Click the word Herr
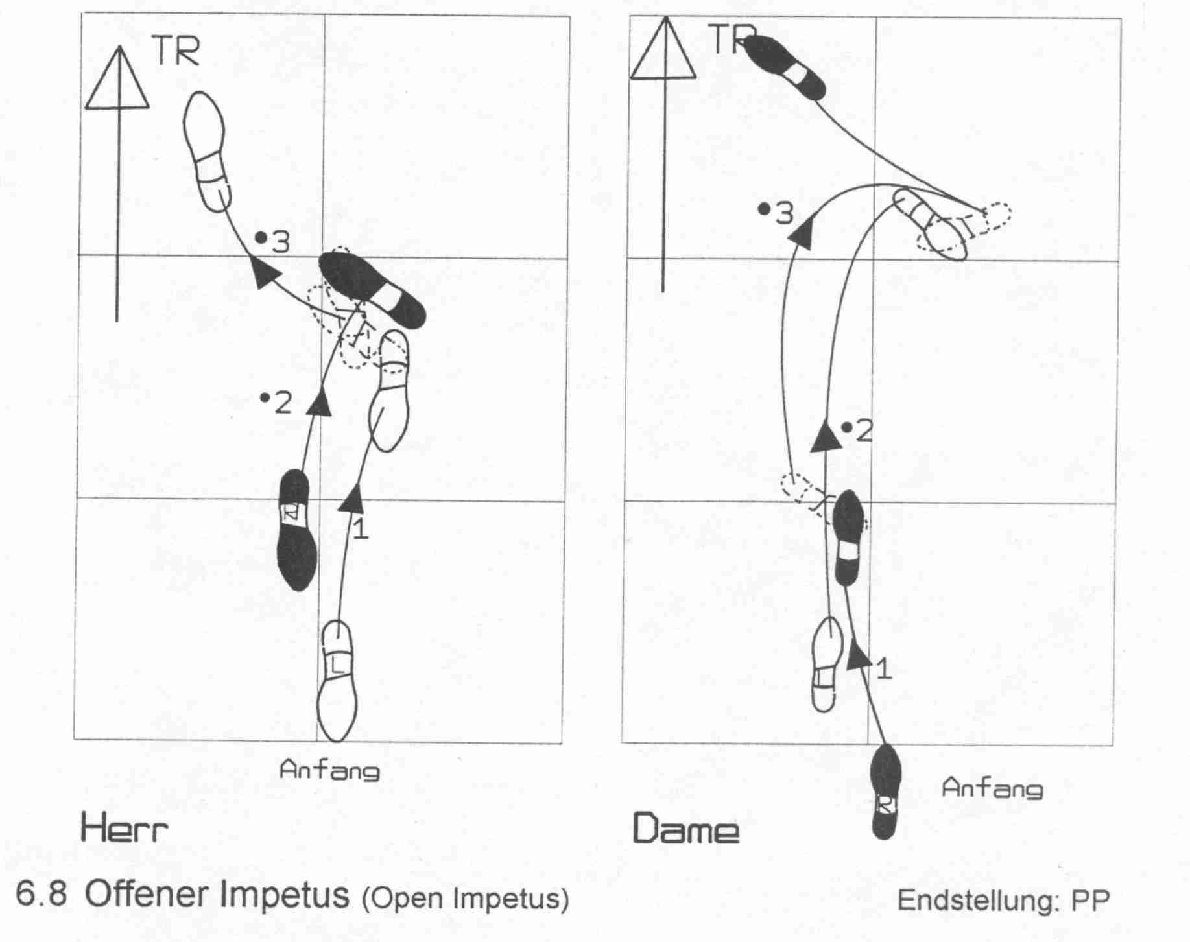(x=124, y=829)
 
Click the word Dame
(x=685, y=829)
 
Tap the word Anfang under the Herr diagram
(x=329, y=770)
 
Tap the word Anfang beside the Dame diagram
(x=992, y=788)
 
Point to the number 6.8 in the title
(x=42, y=895)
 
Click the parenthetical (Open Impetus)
(x=465, y=899)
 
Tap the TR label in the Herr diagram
(x=175, y=52)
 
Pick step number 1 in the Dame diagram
(x=883, y=669)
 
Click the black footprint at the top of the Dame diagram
(x=785, y=67)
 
